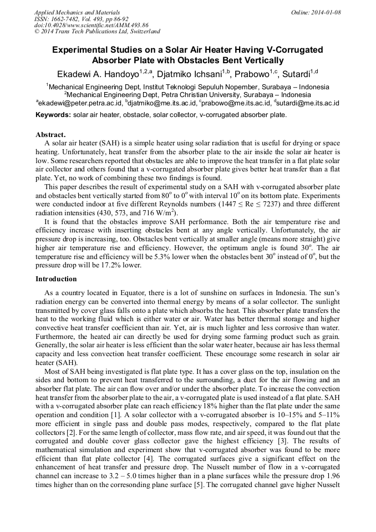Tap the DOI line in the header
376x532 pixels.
tap(92, 26)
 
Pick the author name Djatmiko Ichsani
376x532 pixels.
tap(189, 74)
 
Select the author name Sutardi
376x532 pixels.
tap(295, 74)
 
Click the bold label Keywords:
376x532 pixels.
tap(53, 115)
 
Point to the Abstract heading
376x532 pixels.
tap(50, 134)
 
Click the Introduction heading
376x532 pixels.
tap(57, 278)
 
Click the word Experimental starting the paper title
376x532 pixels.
tap(81, 50)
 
